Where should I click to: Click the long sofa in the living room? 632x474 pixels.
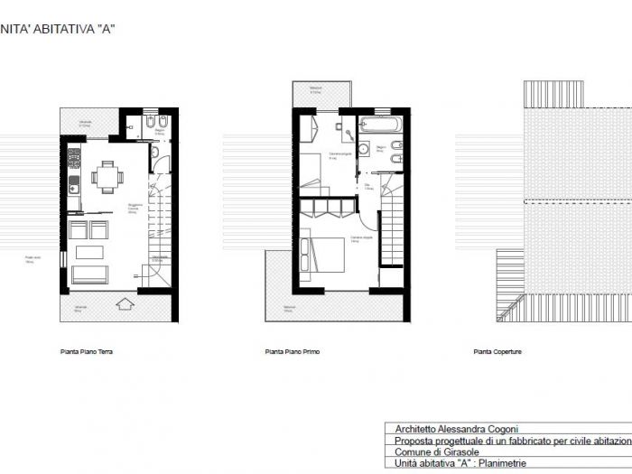[x=90, y=274]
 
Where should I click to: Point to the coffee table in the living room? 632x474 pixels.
[x=90, y=251]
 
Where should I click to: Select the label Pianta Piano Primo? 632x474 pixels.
[x=293, y=352]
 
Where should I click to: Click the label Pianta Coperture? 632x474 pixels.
[x=497, y=352]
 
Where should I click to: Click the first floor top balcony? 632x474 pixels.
[x=321, y=93]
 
